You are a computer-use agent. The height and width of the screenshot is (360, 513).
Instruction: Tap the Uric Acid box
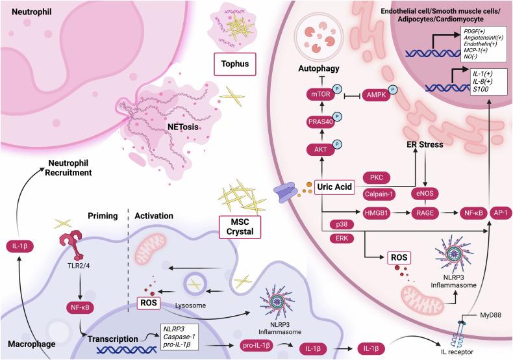click(338, 186)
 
